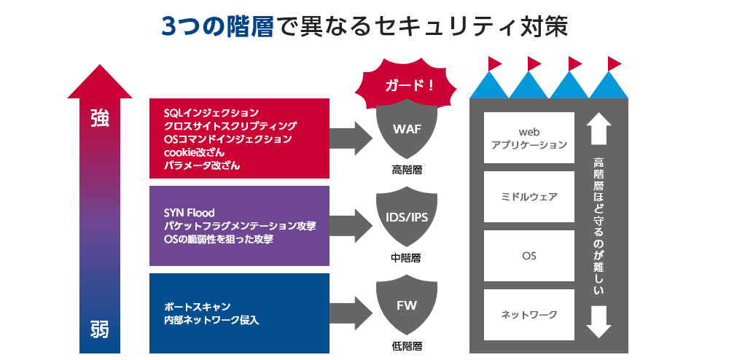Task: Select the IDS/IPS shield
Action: [407, 219]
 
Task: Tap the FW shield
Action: [407, 306]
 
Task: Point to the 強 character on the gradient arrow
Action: [100, 118]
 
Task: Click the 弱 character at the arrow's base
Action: [100, 329]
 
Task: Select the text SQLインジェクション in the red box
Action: [211, 113]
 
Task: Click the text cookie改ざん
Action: [194, 152]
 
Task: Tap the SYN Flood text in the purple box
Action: [190, 213]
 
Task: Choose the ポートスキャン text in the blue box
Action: [198, 307]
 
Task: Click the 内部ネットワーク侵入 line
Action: [211, 320]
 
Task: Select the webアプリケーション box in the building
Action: [529, 138]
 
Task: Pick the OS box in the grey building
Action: [529, 257]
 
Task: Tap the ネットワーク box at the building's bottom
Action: [529, 315]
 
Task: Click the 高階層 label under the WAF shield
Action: [407, 170]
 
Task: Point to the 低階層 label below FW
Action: [407, 345]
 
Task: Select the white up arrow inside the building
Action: [599, 128]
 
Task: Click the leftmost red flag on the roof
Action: [494, 62]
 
